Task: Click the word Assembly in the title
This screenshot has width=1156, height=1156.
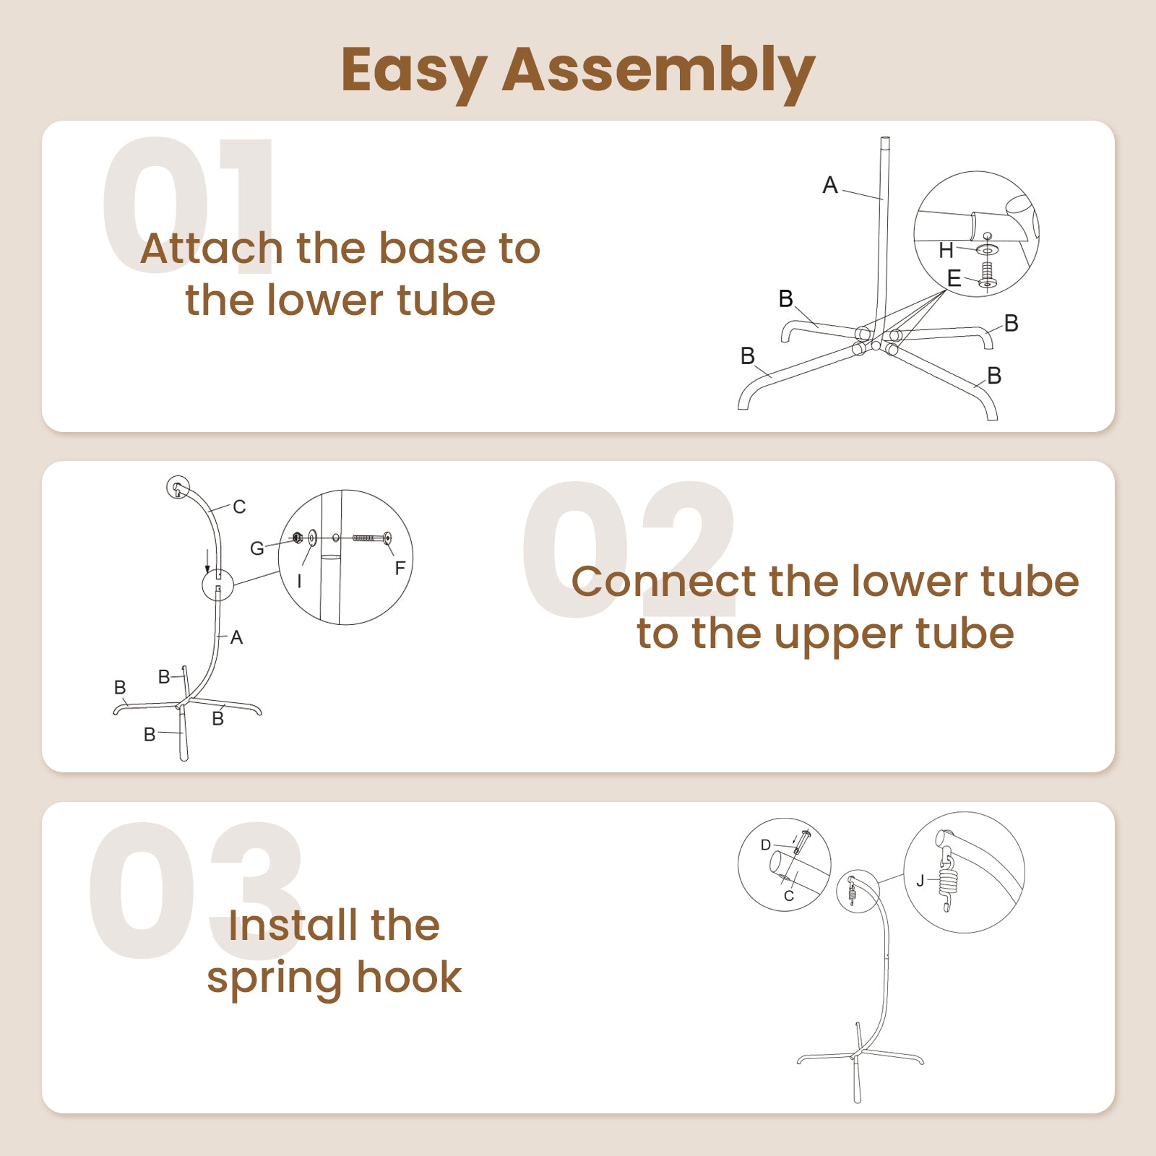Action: point(658,72)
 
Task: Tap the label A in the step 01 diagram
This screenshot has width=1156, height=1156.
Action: point(830,186)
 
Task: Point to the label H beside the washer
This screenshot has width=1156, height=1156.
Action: point(946,251)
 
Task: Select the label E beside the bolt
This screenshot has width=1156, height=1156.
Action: point(954,278)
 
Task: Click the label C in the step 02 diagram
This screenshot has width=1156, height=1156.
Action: point(239,507)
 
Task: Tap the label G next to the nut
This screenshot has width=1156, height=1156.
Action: point(257,549)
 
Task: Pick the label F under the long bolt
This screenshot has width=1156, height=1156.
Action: point(400,569)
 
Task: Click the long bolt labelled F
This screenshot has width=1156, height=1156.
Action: point(372,538)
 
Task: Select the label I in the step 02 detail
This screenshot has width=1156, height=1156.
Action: point(299,582)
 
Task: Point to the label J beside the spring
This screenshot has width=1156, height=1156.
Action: point(920,881)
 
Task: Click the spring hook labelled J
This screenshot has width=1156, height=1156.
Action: point(946,884)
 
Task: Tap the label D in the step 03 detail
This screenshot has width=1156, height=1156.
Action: point(766,845)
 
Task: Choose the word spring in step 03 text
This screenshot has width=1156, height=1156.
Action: point(275,980)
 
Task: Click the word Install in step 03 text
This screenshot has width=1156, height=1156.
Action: point(293,926)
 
